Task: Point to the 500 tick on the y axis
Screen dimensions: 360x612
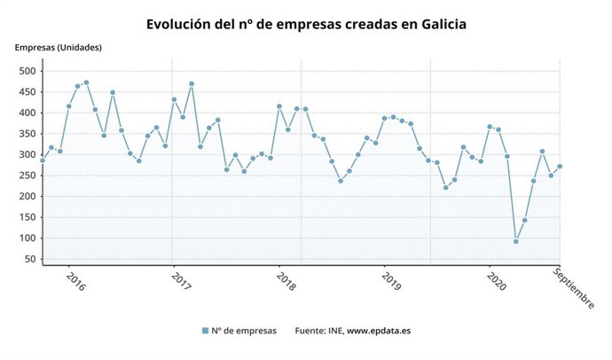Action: (x=27, y=71)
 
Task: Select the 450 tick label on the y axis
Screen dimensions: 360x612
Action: (x=27, y=92)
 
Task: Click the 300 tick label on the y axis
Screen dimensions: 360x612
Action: (x=27, y=155)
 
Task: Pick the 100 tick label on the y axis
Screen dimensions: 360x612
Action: (x=27, y=239)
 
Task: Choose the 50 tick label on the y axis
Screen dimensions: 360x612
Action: (x=29, y=260)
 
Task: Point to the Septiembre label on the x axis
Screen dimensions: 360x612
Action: (x=575, y=288)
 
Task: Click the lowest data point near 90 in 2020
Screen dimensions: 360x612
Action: (x=515, y=241)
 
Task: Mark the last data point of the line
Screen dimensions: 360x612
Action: (x=560, y=167)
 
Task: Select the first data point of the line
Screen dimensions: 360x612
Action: (x=42, y=160)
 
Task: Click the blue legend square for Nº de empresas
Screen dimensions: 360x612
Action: (x=205, y=331)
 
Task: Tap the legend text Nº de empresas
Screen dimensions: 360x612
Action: (x=244, y=331)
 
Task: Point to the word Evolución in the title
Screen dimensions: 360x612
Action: (x=180, y=23)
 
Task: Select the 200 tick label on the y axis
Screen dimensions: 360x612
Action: (x=27, y=197)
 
